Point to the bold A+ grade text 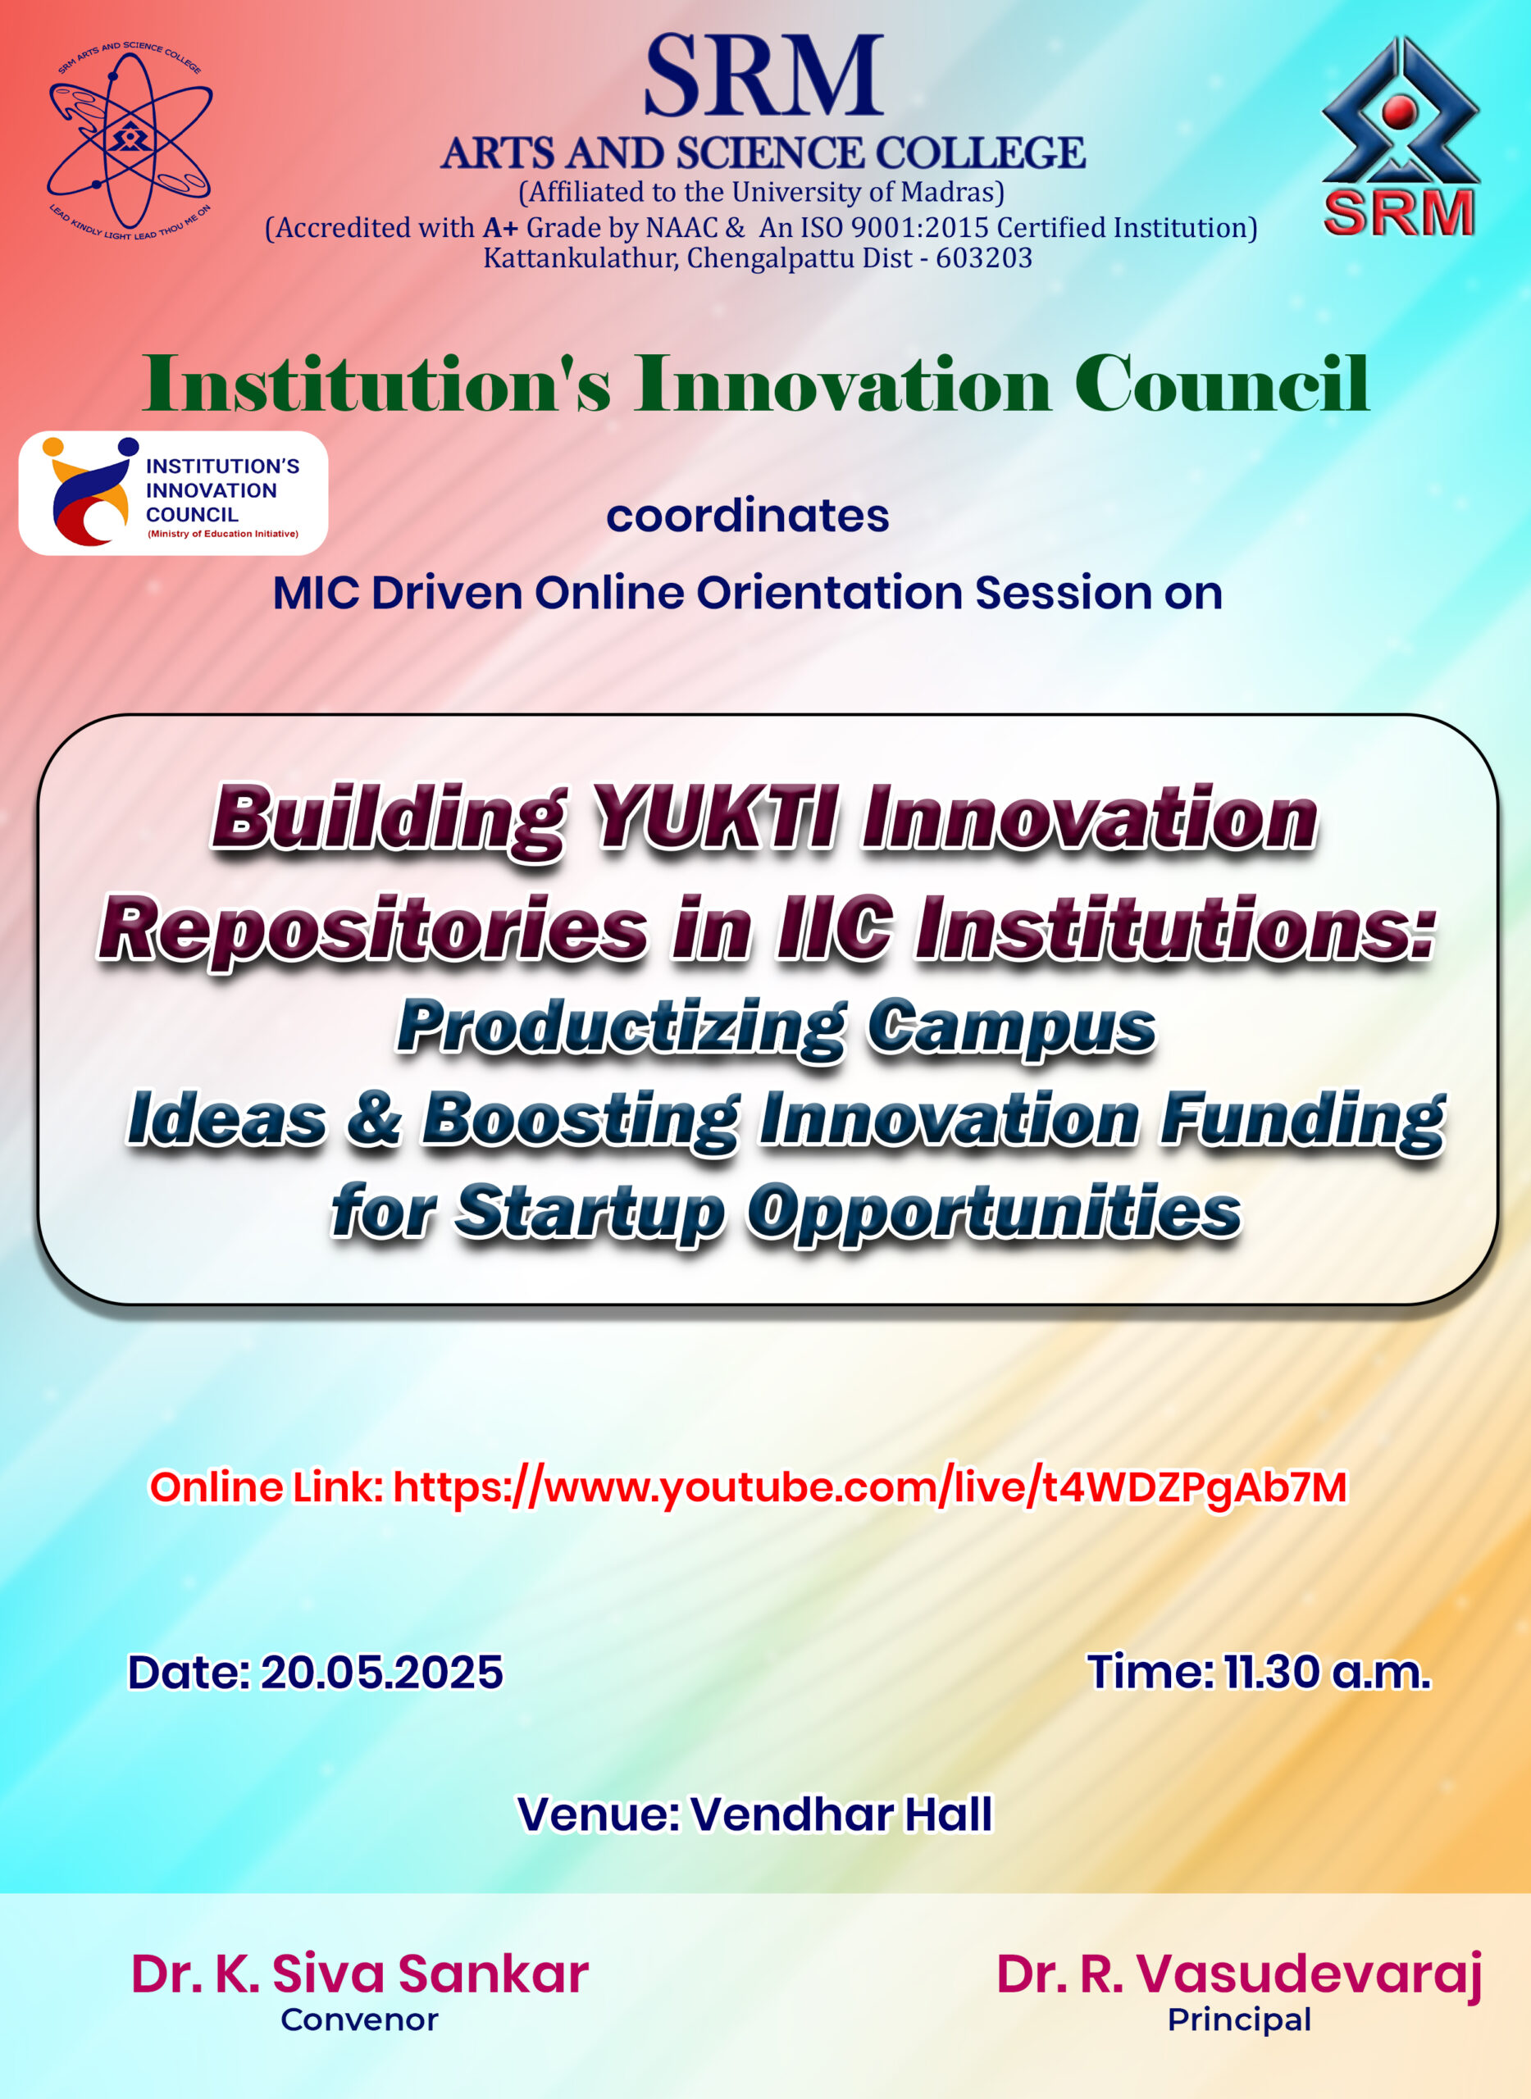pyautogui.click(x=500, y=227)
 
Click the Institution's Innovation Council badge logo pyautogui.click(x=173, y=493)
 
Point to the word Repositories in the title pyautogui.click(x=372, y=931)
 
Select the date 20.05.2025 pyautogui.click(x=380, y=1672)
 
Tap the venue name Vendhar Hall pyautogui.click(x=841, y=1814)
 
